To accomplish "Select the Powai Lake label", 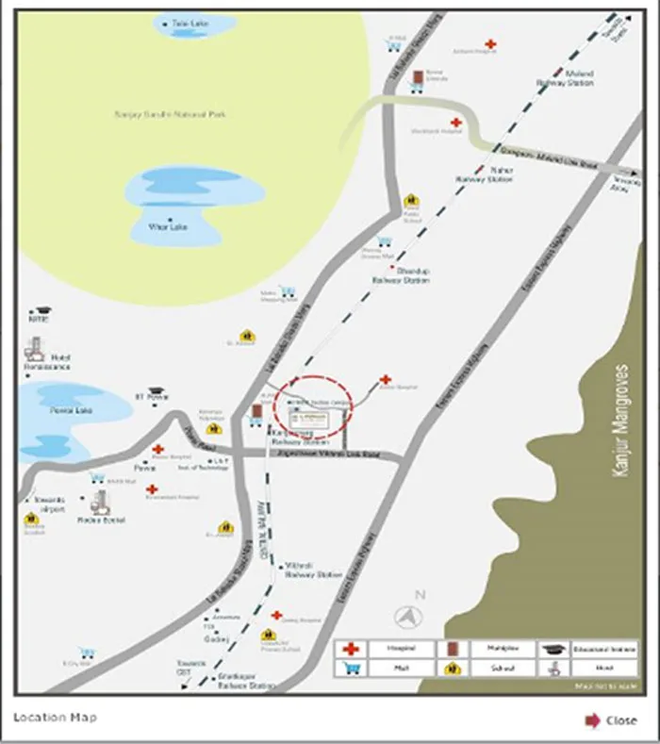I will pos(64,411).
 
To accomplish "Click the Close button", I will pos(611,720).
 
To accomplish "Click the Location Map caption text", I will pos(55,718).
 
